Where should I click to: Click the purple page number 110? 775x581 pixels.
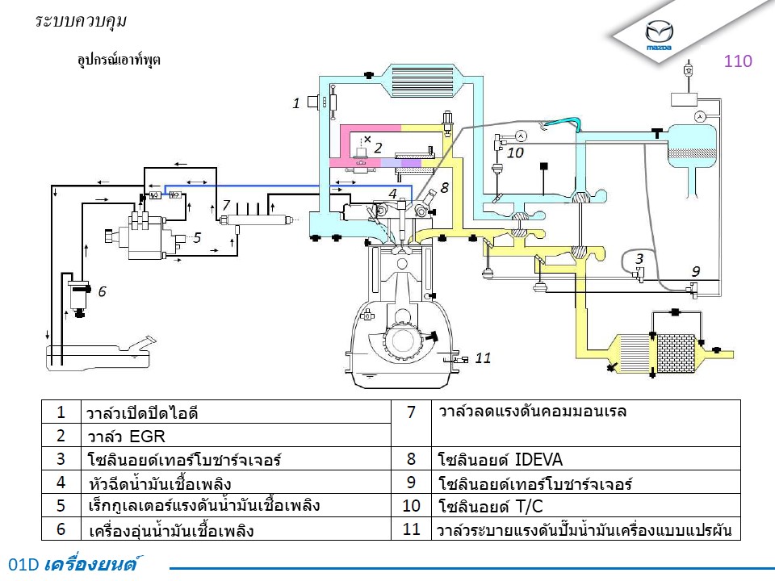tap(738, 61)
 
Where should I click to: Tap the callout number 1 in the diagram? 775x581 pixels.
tap(297, 103)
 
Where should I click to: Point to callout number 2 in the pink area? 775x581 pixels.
tap(377, 148)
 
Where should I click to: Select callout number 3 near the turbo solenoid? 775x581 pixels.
tap(639, 259)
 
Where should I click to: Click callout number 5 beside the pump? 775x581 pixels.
tap(196, 238)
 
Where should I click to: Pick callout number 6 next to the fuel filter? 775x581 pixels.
tap(103, 292)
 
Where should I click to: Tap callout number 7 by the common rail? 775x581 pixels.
tap(226, 205)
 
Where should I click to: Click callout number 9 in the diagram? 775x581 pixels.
tap(695, 271)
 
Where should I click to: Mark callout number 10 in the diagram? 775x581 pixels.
tap(515, 152)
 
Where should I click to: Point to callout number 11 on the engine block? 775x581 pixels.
tap(483, 358)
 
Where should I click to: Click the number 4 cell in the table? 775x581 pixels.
tap(61, 483)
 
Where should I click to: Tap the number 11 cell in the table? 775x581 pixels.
tap(412, 530)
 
